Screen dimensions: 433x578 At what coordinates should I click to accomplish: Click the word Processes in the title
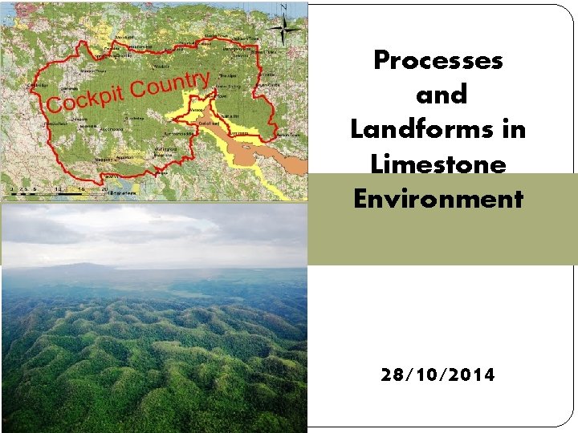(438, 61)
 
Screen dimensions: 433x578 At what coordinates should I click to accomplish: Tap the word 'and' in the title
(442, 95)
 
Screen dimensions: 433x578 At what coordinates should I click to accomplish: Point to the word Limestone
(438, 164)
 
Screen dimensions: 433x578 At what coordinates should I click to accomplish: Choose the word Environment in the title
(438, 198)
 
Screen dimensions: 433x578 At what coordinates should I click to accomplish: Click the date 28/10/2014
(438, 374)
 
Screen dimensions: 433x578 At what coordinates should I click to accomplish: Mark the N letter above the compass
(283, 7)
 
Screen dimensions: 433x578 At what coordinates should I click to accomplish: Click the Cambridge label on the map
(38, 85)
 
